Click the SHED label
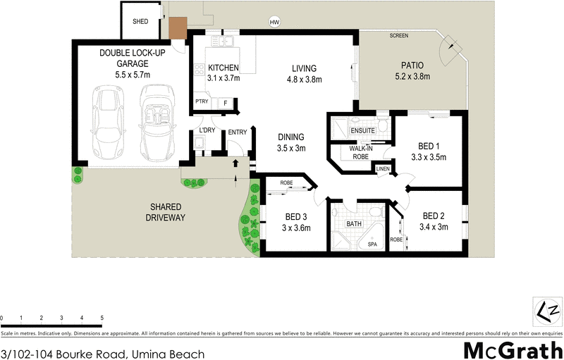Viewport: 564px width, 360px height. (x=140, y=22)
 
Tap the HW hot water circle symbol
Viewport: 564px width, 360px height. (x=275, y=23)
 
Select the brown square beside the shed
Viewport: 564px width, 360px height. (x=176, y=28)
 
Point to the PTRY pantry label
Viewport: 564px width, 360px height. (x=203, y=103)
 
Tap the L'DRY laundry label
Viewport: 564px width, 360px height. (x=207, y=131)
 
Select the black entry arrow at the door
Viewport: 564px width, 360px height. (x=236, y=163)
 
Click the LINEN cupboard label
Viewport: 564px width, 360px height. (x=383, y=169)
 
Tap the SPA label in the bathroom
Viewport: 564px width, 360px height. (x=372, y=244)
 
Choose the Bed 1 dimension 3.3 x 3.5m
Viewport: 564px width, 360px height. (x=429, y=157)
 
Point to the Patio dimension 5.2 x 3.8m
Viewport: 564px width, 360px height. (x=412, y=77)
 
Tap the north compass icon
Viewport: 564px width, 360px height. (x=548, y=309)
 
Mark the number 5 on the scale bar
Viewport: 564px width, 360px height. (x=102, y=318)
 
